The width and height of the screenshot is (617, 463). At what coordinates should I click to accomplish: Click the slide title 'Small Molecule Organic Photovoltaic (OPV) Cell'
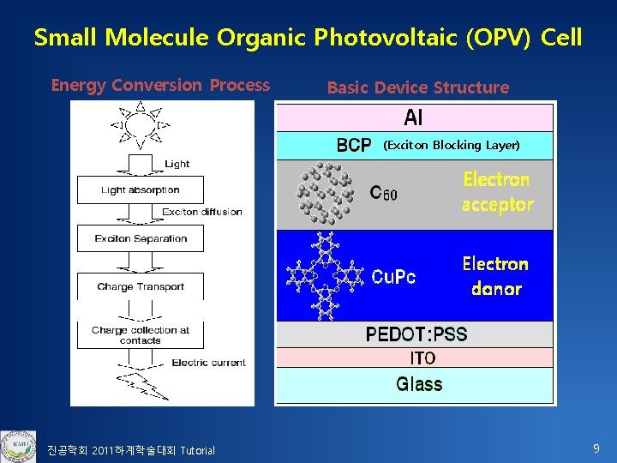308,38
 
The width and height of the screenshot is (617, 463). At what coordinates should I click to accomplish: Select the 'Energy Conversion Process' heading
160,85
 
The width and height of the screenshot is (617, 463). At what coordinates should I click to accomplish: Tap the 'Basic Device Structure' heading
417,87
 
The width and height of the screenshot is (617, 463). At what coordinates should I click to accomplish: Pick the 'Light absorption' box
140,189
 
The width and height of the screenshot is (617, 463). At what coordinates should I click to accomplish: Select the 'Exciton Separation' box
141,238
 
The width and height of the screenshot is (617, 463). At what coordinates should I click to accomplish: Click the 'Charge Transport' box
141,286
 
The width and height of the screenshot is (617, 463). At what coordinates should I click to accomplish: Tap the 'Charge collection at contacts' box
141,334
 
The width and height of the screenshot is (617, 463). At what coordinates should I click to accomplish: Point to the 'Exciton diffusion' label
202,212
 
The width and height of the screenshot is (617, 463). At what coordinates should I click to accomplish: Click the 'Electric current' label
208,363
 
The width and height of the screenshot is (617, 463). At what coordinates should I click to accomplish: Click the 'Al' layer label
413,117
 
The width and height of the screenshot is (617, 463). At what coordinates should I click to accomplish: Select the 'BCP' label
354,145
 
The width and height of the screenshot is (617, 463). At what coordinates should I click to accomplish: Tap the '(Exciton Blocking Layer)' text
451,145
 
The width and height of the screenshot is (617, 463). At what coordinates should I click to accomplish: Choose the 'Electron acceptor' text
497,192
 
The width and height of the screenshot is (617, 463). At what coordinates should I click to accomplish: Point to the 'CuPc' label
393,276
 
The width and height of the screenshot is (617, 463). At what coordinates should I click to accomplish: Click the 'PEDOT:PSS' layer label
416,334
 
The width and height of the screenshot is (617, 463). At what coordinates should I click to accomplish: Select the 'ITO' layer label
422,358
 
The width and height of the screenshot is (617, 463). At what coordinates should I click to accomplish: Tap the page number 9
596,448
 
